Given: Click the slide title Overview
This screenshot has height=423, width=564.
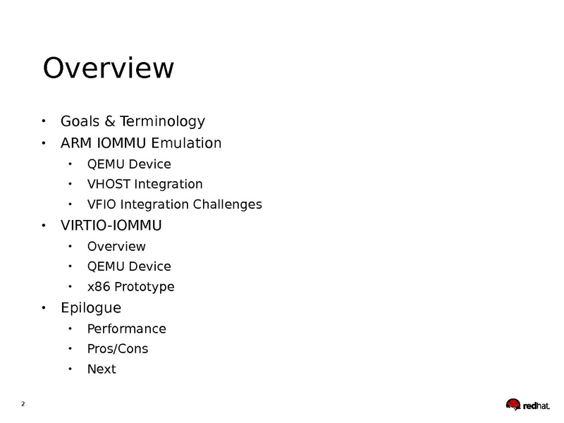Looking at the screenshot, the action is click(109, 68).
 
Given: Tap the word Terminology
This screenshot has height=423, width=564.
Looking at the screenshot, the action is click(162, 121).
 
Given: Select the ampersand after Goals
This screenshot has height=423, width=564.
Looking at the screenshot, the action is click(110, 121).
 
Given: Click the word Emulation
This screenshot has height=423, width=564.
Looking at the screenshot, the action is click(186, 143).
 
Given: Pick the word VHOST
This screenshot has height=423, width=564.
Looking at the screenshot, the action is click(109, 184).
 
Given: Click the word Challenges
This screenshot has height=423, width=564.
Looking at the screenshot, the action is click(227, 204).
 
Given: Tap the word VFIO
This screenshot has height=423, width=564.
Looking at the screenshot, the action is click(102, 204).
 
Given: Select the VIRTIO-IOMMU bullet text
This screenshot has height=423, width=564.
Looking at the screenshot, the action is click(111, 226).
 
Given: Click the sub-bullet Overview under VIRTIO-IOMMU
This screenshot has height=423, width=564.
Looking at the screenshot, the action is click(116, 246).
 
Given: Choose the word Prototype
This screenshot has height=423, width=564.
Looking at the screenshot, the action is click(144, 287).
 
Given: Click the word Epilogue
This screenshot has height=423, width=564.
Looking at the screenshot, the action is click(91, 308).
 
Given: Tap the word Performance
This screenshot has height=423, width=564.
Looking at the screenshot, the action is click(127, 329).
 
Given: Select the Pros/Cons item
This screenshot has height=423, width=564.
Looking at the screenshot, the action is click(118, 349).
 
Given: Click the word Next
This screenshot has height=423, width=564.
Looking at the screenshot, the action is click(102, 369).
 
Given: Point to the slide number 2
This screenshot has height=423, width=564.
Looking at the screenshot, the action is click(23, 404).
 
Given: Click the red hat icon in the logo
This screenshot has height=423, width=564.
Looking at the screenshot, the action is click(513, 404).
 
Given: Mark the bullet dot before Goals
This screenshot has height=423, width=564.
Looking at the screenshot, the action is click(44, 121).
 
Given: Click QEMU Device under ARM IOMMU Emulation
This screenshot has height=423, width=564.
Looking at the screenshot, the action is click(129, 164).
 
